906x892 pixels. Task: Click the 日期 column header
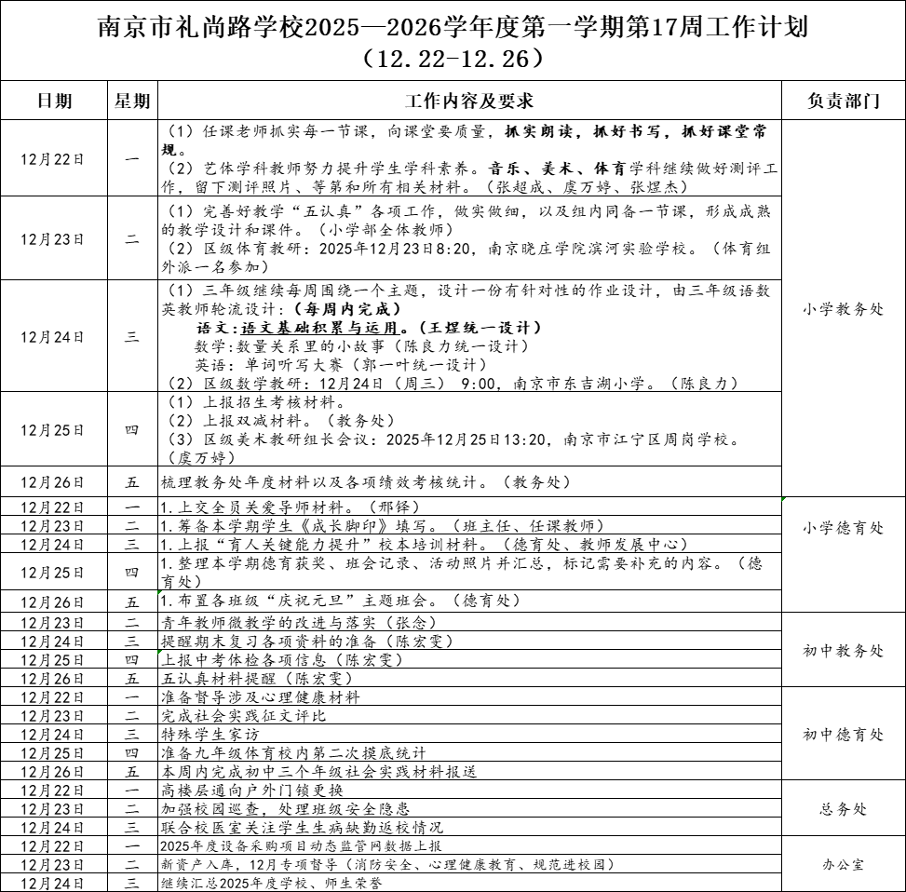tap(53, 101)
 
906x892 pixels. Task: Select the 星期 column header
tap(131, 101)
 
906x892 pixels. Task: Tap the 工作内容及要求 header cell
tap(469, 101)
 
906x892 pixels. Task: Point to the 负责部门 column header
tap(843, 101)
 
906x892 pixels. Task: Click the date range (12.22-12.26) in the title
tap(453, 59)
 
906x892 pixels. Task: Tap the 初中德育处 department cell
tap(843, 735)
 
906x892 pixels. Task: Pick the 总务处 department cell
tap(843, 809)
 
